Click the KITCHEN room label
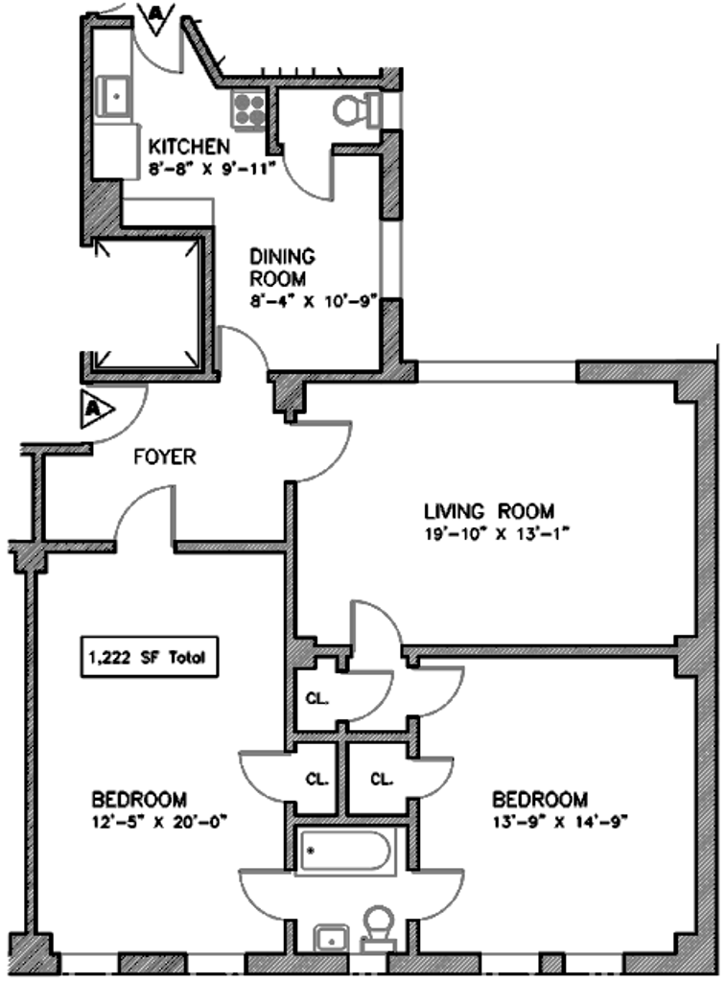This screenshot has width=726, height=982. pyautogui.click(x=189, y=147)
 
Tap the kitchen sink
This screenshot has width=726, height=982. pyautogui.click(x=116, y=95)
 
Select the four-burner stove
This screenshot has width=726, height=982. pyautogui.click(x=247, y=111)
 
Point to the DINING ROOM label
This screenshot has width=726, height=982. pyautogui.click(x=281, y=268)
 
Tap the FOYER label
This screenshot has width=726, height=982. pyautogui.click(x=163, y=457)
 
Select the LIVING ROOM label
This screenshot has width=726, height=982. pyautogui.click(x=489, y=510)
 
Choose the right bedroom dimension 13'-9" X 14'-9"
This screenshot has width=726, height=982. pyautogui.click(x=555, y=822)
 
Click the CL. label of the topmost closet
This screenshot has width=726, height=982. pyautogui.click(x=317, y=697)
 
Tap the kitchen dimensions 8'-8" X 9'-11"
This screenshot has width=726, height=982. pyautogui.click(x=212, y=169)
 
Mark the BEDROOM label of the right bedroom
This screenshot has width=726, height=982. pyautogui.click(x=539, y=800)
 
